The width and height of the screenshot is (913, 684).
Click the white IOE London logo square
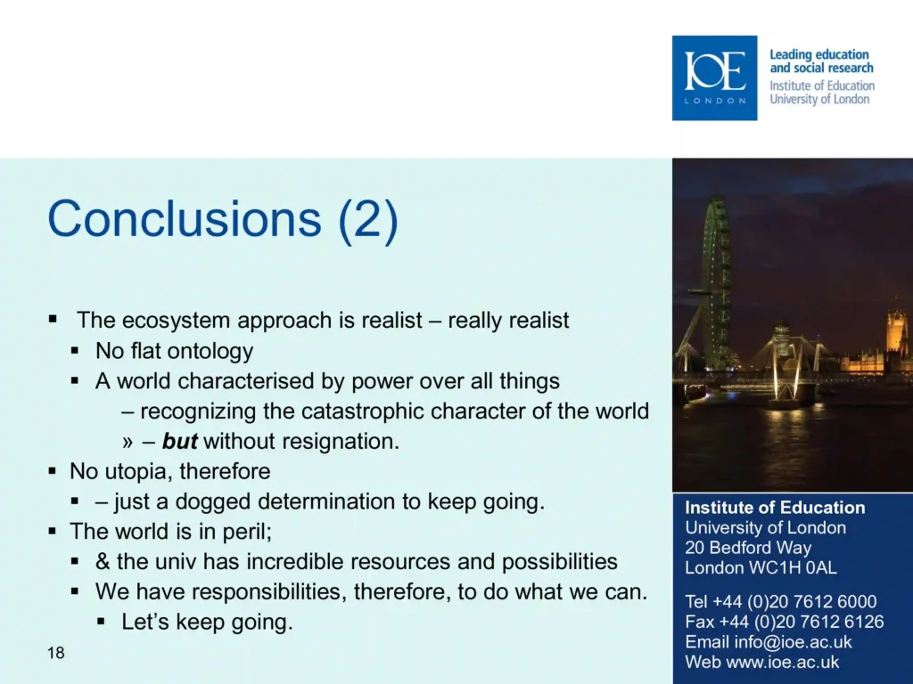click(714, 78)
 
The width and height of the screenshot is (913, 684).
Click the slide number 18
click(56, 653)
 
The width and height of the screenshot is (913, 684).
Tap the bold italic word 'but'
click(179, 441)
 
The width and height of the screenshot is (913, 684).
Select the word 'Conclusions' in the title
click(184, 218)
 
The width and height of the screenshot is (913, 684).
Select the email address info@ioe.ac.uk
click(793, 642)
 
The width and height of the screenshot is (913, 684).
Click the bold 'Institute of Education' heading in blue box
click(775, 508)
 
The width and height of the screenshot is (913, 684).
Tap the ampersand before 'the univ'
click(103, 562)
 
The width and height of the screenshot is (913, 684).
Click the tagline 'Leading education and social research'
click(821, 61)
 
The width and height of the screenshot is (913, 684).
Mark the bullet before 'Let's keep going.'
click(102, 622)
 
